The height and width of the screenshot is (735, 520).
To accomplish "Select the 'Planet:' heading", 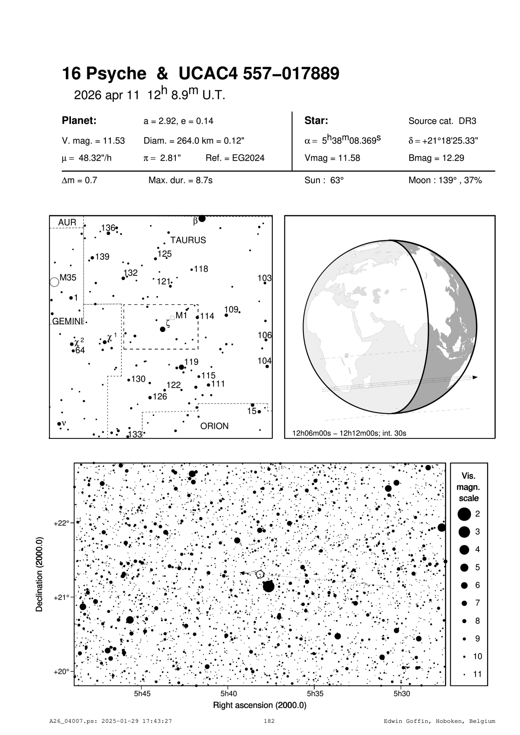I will tap(79, 121).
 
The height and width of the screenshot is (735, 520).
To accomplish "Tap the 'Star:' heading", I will tap(316, 121).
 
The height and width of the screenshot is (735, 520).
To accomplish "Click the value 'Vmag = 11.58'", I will tap(332, 159).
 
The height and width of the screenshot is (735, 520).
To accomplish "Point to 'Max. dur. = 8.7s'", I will tap(180, 181).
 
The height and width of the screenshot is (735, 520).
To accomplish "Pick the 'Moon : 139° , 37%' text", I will tap(445, 181).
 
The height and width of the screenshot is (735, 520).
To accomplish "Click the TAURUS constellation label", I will tap(188, 240).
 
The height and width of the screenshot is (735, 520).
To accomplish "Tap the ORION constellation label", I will tap(214, 426).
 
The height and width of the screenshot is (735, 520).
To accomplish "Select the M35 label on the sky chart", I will tap(68, 278).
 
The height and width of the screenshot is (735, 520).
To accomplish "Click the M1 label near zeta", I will tap(181, 315).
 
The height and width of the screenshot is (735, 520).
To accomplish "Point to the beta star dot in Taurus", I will tap(202, 219).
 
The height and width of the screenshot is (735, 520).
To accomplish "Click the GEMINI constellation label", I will tap(67, 321).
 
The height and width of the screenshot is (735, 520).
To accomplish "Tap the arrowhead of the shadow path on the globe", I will tap(475, 378).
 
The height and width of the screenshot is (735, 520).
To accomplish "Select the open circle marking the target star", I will tap(260, 574).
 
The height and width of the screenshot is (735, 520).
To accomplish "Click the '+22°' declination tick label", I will tap(61, 523).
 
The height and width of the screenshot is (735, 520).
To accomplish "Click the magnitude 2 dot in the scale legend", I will tap(464, 513).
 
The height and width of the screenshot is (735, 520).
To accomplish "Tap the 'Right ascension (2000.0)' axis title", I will tap(259, 705).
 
